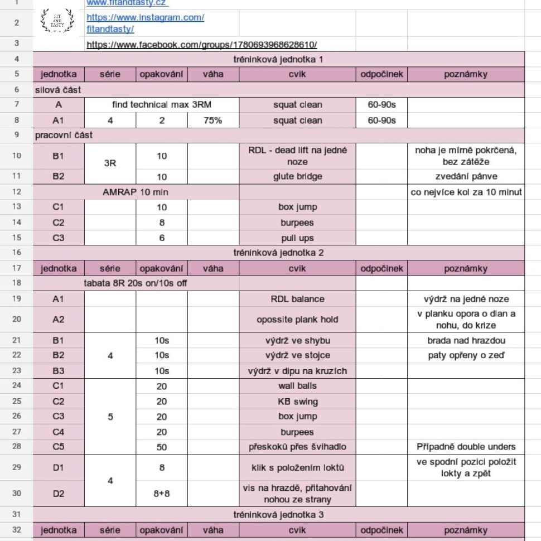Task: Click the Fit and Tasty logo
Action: (x=57, y=21)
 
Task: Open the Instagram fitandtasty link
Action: (x=145, y=22)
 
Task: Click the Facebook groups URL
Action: (x=201, y=44)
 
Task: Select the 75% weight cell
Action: (x=213, y=120)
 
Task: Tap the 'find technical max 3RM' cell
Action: (x=162, y=105)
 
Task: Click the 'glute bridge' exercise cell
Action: (x=297, y=177)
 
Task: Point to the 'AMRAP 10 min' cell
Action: (x=136, y=192)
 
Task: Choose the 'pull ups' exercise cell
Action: (x=297, y=238)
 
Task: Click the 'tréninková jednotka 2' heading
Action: (x=278, y=253)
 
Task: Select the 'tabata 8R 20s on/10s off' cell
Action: (x=136, y=283)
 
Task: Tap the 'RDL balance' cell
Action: (x=297, y=299)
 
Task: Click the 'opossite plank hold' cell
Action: (x=297, y=320)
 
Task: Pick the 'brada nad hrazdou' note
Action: (x=466, y=340)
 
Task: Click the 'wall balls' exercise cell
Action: (x=297, y=386)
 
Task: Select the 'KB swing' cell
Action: (x=297, y=402)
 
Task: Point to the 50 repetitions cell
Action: (x=162, y=447)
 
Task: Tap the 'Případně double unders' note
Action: (x=466, y=447)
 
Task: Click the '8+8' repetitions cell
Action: (x=162, y=493)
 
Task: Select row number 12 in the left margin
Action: (x=16, y=192)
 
